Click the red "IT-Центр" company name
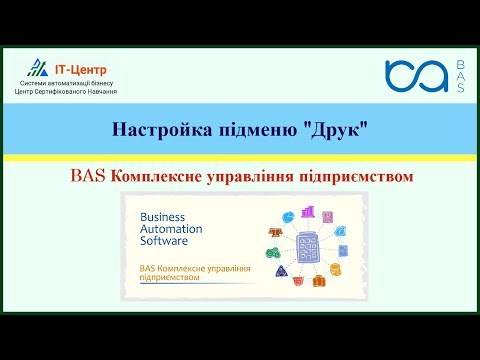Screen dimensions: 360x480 83,67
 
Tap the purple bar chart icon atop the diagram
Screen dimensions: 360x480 311,211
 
